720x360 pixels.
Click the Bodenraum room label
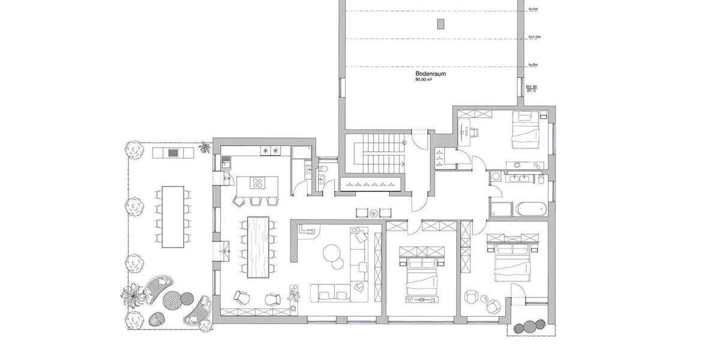pyautogui.click(x=430, y=74)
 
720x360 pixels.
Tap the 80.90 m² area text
pyautogui.click(x=424, y=79)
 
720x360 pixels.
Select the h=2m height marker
pyautogui.click(x=532, y=64)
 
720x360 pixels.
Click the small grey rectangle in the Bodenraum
pyautogui.click(x=441, y=23)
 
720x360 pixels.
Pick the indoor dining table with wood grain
pyautogui.click(x=259, y=247)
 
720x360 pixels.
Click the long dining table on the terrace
pyautogui.click(x=173, y=217)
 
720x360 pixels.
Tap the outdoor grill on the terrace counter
pyautogui.click(x=173, y=152)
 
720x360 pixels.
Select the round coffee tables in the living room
pyautogui.click(x=332, y=256)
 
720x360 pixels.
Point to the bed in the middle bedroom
pyautogui.click(x=424, y=274)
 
